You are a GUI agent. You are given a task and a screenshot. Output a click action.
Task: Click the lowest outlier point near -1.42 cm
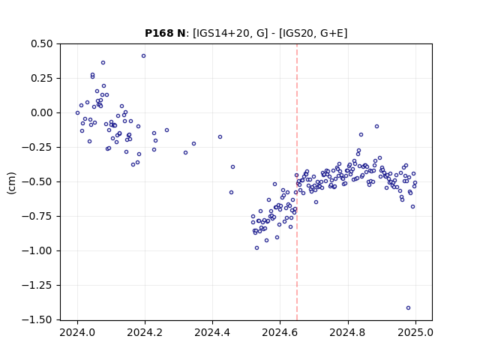pos(408,308)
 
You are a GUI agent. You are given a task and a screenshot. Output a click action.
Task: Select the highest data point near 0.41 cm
pos(143,56)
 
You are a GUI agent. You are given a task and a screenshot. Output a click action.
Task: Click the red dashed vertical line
pos(297,182)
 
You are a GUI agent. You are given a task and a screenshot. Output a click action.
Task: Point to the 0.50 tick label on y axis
pos(42,43)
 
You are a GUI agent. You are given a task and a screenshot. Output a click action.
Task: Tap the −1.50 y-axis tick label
pos(37,320)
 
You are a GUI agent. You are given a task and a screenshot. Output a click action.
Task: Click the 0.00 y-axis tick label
pos(42,113)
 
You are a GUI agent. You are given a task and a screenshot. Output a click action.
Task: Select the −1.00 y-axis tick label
pos(37,251)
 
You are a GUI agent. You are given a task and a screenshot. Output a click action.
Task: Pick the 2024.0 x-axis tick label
pos(77,332)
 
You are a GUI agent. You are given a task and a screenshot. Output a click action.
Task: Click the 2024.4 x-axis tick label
pos(212,332)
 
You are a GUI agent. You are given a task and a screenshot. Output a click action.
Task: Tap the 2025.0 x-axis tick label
pos(415,332)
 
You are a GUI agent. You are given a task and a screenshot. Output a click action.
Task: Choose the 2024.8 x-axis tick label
pos(348,332)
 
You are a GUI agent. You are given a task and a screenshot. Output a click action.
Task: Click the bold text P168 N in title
pos(165,33)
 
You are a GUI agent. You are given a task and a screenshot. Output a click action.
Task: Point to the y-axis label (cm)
pos(11,183)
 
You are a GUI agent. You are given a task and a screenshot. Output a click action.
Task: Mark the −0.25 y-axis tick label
pos(37,148)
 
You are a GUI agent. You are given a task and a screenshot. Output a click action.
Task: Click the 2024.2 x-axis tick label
pos(145,332)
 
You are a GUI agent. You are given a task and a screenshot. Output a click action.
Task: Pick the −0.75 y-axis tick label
pos(37,217)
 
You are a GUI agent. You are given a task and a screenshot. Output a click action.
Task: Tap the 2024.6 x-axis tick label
pos(280,332)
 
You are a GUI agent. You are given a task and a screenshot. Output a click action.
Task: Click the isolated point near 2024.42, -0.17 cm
pos(220,137)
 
